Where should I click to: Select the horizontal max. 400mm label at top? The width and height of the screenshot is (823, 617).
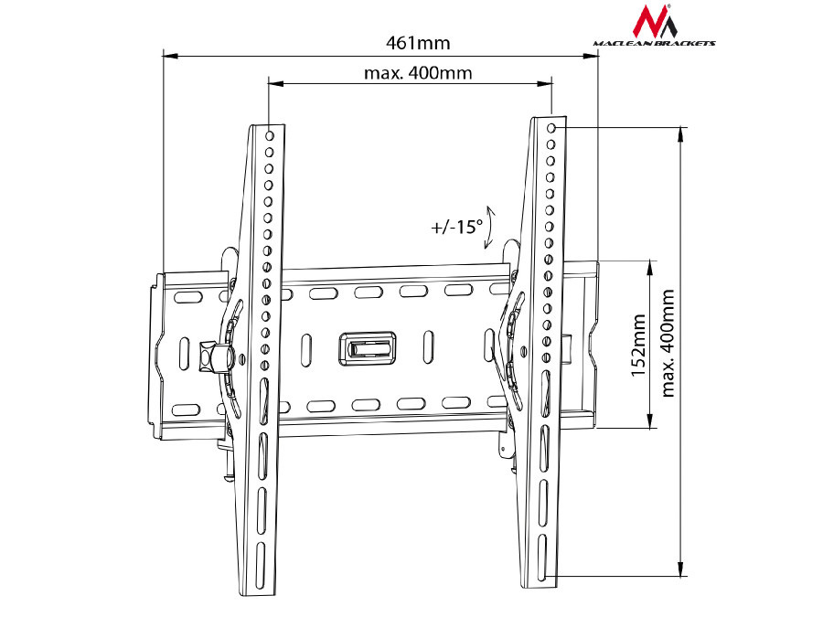point(418,73)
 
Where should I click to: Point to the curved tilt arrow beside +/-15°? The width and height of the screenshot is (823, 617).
point(490,227)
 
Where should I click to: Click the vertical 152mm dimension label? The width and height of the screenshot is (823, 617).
point(638,345)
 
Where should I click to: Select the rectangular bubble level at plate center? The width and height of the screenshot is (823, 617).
point(369,347)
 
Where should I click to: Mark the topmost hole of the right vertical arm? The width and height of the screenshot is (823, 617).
point(551,129)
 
